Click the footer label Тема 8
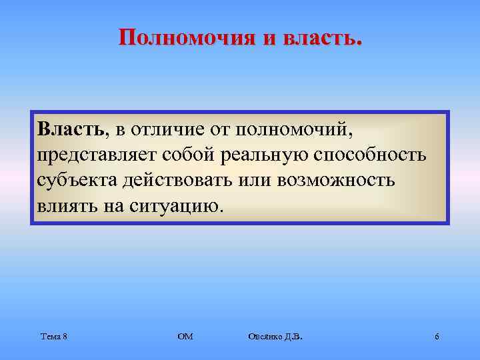pyautogui.click(x=53, y=337)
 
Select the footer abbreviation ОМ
pyautogui.click(x=185, y=337)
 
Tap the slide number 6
pyautogui.click(x=436, y=337)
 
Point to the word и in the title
pyautogui.click(x=267, y=37)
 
